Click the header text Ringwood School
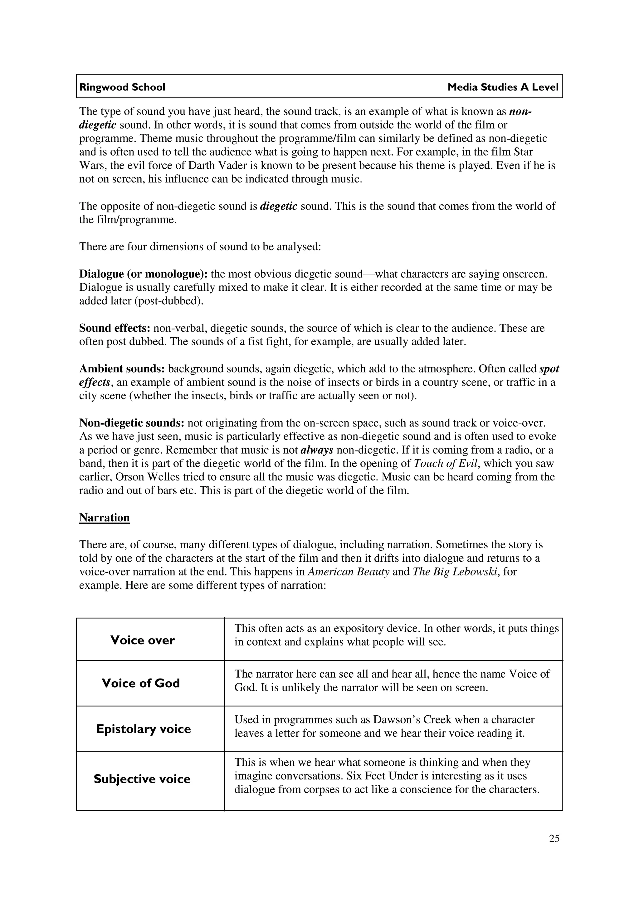122,87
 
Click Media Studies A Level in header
503,87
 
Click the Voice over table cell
143,640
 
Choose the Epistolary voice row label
143,729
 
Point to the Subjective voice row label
142,779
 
